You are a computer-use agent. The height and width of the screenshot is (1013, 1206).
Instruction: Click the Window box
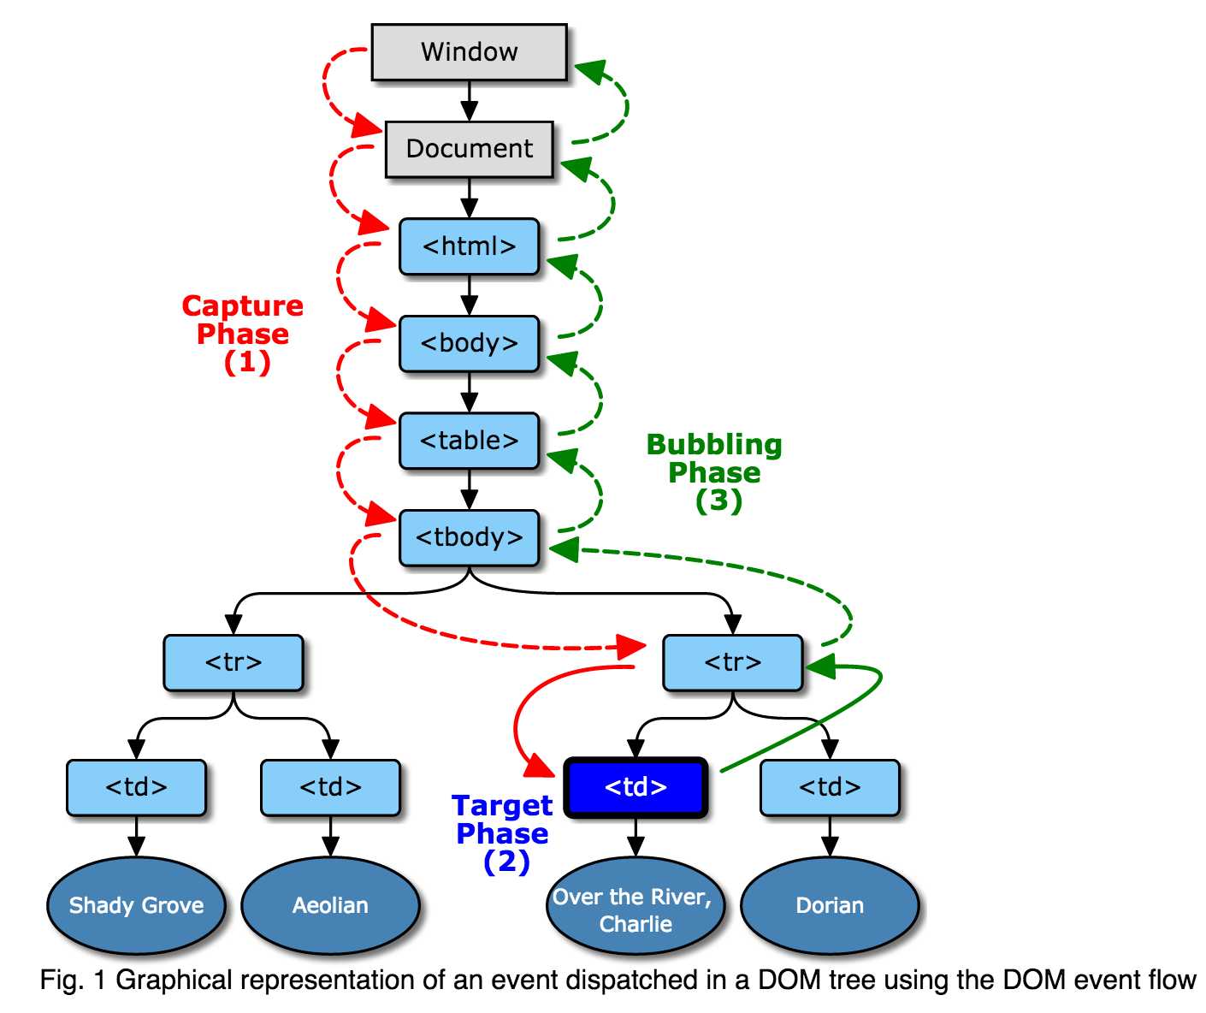click(469, 52)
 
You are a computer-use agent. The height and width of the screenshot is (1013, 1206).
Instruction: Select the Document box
click(469, 149)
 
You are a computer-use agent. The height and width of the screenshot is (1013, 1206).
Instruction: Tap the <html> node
click(469, 246)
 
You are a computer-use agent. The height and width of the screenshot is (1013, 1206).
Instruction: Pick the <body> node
click(469, 343)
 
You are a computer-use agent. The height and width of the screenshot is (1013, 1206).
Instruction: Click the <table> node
click(469, 441)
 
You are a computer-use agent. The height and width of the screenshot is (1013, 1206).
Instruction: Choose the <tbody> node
click(469, 537)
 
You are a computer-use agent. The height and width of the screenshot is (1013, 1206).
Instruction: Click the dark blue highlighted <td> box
click(636, 787)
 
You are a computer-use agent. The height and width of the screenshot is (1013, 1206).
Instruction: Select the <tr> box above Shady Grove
click(234, 662)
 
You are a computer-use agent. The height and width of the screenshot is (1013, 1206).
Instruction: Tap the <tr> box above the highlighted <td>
click(733, 662)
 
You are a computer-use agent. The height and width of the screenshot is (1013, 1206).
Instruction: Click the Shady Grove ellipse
click(136, 905)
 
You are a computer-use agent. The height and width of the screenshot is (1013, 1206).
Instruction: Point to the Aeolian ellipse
click(330, 905)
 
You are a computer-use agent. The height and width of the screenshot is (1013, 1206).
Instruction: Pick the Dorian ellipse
click(830, 905)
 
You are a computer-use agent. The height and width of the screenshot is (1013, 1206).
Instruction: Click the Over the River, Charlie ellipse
click(636, 909)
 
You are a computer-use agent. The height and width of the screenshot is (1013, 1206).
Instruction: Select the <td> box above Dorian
click(830, 787)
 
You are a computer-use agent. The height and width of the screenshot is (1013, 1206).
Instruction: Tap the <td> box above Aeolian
click(330, 787)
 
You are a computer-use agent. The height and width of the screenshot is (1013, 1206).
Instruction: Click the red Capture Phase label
click(243, 333)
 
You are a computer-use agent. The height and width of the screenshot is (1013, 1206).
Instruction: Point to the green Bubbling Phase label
click(714, 471)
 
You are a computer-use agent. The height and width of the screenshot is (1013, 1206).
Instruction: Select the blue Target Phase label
click(503, 832)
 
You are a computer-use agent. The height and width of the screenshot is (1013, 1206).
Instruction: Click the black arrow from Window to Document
click(469, 101)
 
